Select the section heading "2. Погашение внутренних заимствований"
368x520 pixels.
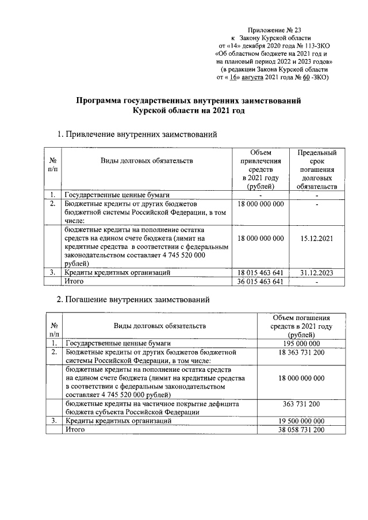[135, 299]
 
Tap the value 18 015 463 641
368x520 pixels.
[260, 272]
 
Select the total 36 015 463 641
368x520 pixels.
[260, 282]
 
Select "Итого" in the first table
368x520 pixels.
[75, 282]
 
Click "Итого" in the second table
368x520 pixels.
[75, 430]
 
